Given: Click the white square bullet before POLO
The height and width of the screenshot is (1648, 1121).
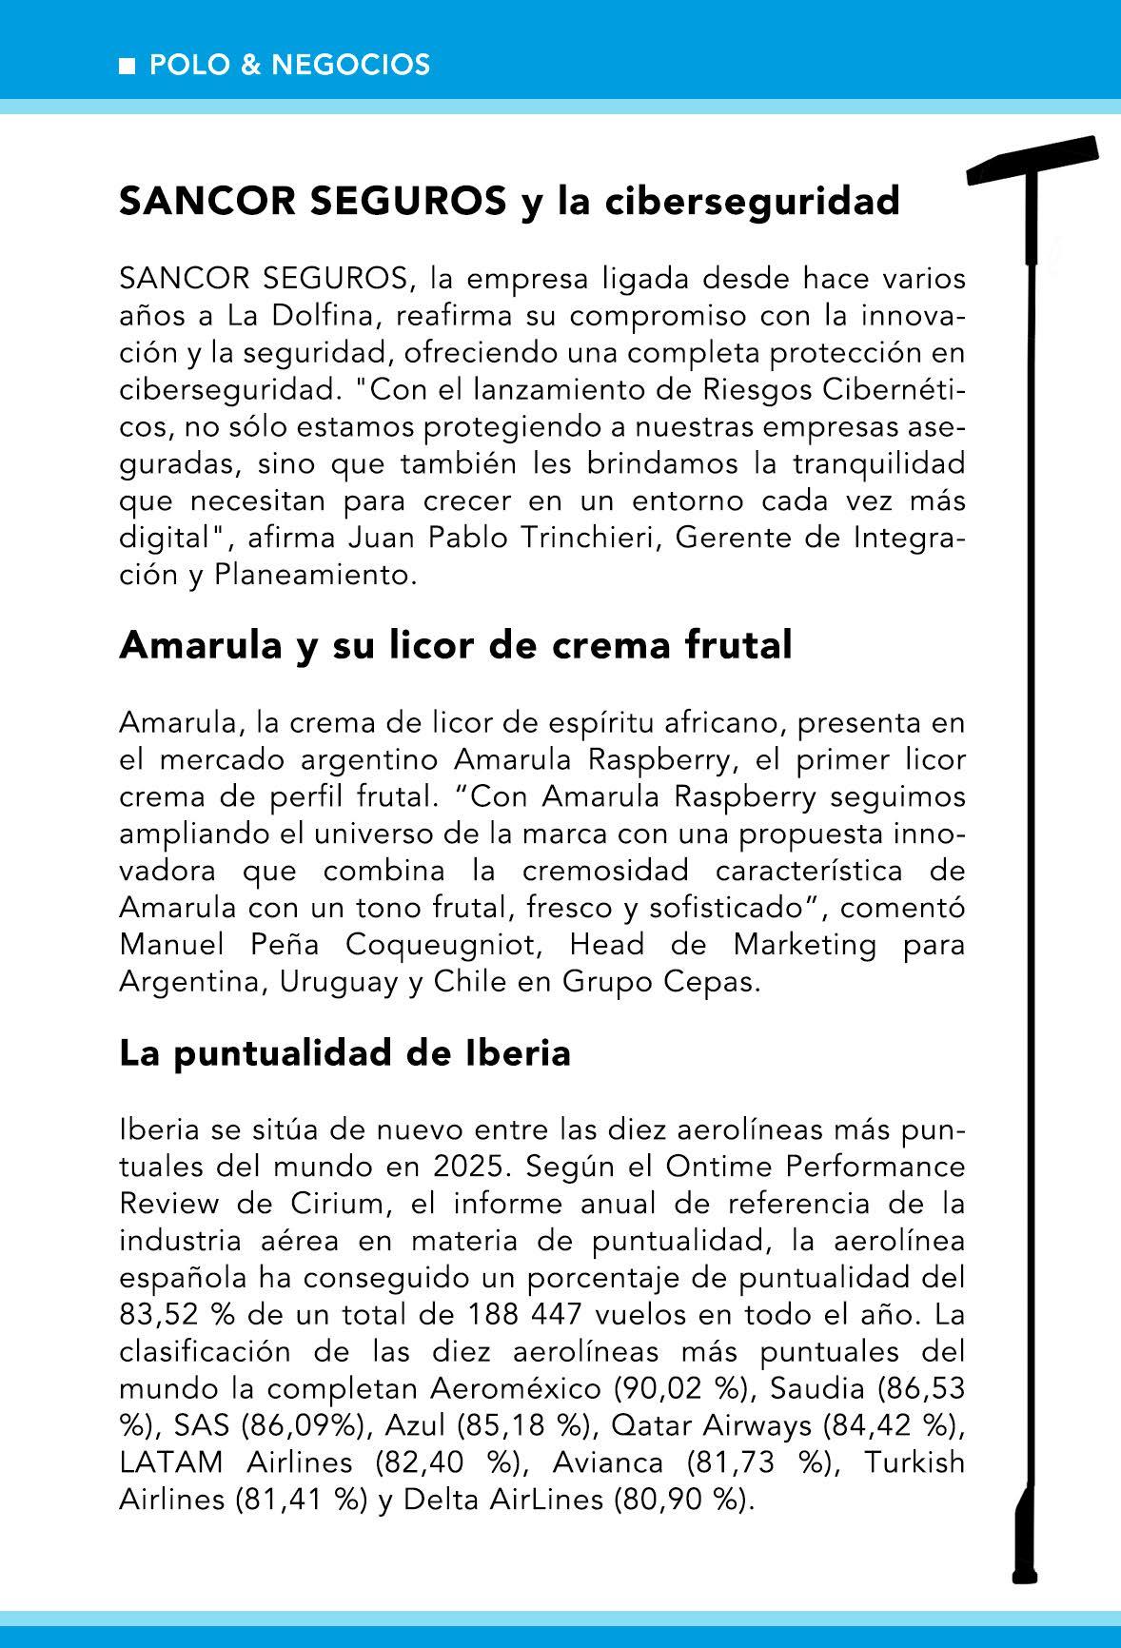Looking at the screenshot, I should (x=127, y=66).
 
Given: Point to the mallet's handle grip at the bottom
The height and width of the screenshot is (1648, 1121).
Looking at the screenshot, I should (x=1024, y=1541).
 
